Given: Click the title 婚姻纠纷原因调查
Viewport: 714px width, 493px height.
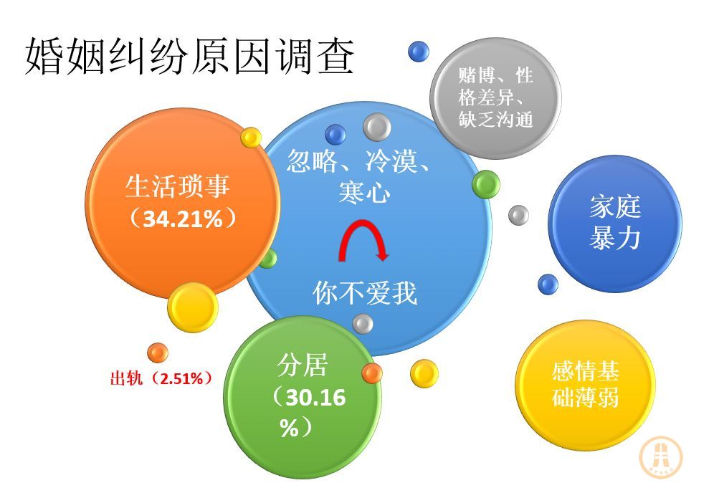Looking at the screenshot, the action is [189, 56].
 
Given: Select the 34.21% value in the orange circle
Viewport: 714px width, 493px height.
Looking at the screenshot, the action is [183, 219].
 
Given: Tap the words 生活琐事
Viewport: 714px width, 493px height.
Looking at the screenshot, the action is [177, 186].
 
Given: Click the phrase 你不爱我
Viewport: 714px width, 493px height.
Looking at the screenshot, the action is [365, 292].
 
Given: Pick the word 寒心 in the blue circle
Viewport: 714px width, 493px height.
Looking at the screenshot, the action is [364, 191].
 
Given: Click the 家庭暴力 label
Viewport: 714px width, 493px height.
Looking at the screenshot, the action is [615, 223].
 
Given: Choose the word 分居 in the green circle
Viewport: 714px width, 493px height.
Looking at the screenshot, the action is [303, 365].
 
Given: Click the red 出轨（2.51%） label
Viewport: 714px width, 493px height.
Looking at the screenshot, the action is [161, 378].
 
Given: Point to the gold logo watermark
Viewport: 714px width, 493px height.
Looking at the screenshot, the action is [661, 457].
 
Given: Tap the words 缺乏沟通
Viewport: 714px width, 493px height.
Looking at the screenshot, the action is [495, 120].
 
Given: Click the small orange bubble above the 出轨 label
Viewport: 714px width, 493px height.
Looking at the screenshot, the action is [158, 353].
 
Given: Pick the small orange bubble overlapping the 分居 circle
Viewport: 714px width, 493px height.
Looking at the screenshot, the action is [372, 373].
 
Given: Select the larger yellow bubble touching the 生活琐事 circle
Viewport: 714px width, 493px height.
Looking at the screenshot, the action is [193, 307].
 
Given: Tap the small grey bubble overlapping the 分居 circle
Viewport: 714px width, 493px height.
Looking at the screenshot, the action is [363, 324].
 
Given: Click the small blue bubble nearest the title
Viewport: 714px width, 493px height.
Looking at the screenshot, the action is [419, 51].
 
